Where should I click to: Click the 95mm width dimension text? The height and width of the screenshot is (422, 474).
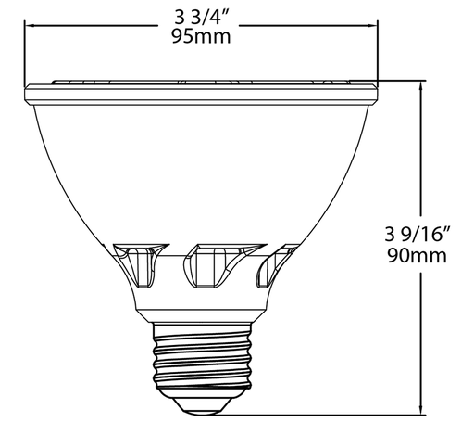pyautogui.click(x=201, y=38)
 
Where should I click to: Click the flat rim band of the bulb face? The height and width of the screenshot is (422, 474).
pyautogui.click(x=202, y=92)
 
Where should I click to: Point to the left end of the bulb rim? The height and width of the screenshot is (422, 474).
pyautogui.click(x=29, y=92)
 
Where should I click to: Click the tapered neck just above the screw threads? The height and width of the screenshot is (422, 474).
pyautogui.click(x=202, y=311)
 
